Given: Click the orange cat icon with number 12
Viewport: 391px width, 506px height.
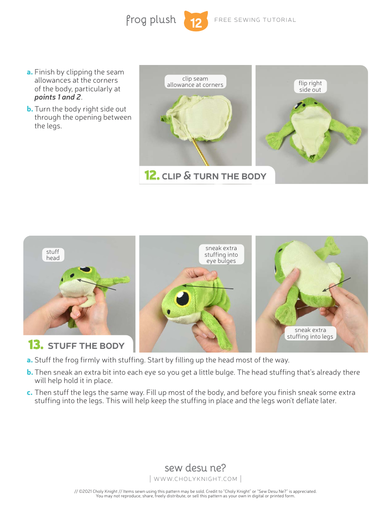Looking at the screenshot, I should (196, 21).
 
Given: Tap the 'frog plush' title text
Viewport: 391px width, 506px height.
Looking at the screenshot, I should (151, 20).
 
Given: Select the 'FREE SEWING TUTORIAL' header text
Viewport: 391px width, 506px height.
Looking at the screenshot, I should (255, 20).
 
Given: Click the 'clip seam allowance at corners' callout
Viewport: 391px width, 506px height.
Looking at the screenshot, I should (195, 81).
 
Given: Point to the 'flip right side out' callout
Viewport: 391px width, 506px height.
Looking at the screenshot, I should (310, 86).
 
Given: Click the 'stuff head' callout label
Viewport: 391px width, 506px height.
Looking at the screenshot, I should (53, 255).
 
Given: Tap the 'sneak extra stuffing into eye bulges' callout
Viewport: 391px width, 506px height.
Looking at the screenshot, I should (221, 254).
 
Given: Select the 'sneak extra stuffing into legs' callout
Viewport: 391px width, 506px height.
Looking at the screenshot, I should (310, 333).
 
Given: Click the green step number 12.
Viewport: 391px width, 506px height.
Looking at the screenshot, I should (151, 176).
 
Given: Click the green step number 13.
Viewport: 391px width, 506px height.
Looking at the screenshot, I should (35, 345).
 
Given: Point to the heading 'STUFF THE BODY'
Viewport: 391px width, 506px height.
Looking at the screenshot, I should (86, 346).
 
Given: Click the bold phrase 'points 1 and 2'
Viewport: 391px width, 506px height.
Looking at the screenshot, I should (57, 97).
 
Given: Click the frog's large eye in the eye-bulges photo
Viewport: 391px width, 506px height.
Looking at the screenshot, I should (182, 297).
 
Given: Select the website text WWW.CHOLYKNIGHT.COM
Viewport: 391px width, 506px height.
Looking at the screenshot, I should (195, 479).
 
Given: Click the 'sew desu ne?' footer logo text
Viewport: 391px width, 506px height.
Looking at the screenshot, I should (195, 468).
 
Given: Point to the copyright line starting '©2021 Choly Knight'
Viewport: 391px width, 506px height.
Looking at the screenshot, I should (195, 491).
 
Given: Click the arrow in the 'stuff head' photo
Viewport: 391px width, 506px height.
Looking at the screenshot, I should (97, 285).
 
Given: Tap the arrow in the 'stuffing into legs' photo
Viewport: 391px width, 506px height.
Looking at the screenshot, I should (337, 285).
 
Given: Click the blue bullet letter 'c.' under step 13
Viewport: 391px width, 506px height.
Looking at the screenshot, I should (30, 392).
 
